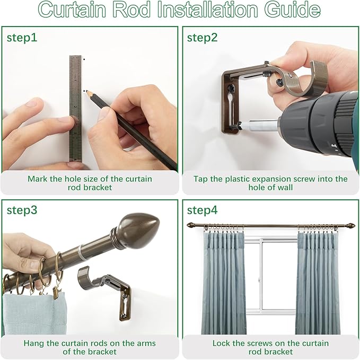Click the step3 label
pos(22,209)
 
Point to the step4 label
pos(202,210)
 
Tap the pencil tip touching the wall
pos(85,91)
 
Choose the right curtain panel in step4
pos(318,281)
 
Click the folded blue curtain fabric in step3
pos(32,313)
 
